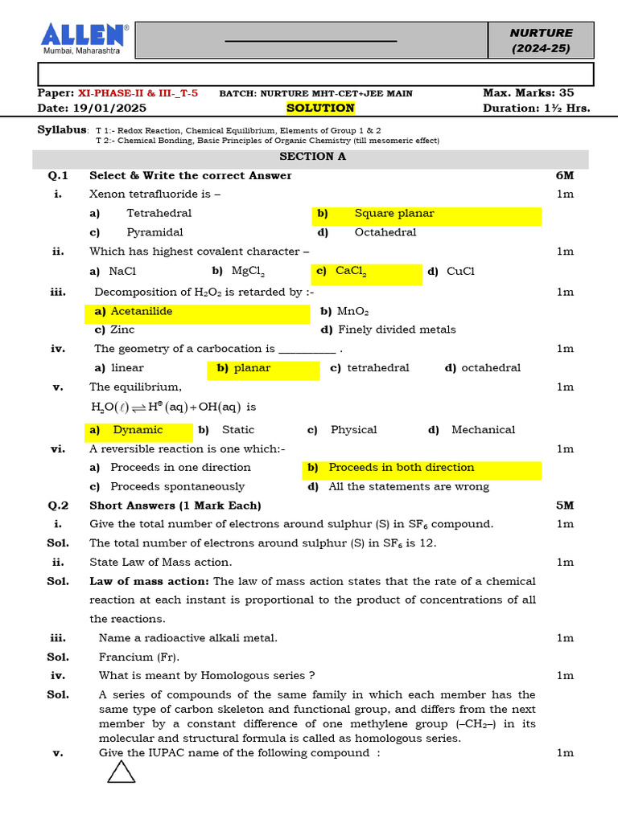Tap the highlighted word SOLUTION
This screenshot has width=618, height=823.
[x=320, y=109]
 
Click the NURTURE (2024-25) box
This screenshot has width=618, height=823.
[x=542, y=40]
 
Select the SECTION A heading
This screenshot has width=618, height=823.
[x=312, y=157]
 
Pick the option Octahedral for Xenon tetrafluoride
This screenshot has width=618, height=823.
[x=385, y=232]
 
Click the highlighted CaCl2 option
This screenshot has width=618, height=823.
[x=351, y=272]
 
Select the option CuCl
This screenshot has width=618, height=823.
[x=460, y=272]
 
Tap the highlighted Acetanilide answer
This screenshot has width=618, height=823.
[x=141, y=312]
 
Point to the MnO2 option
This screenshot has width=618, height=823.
[x=352, y=312]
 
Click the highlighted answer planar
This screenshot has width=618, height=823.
[x=252, y=368]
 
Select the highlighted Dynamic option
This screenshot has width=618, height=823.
[x=138, y=430]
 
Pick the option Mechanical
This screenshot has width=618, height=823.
[x=483, y=430]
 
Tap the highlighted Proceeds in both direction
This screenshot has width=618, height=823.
[x=401, y=468]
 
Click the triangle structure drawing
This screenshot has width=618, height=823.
[x=122, y=772]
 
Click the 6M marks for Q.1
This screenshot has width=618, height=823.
[x=564, y=176]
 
